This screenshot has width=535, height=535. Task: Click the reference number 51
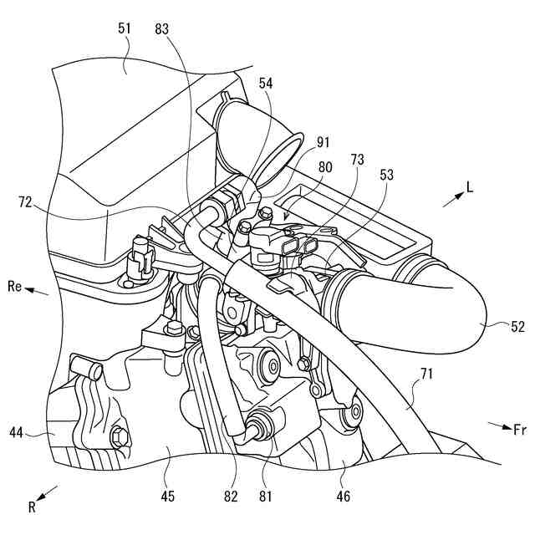pos(125,28)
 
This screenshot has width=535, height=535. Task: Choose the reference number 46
pos(344,497)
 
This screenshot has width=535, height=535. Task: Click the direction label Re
pos(14,287)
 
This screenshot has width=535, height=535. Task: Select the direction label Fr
pos(519,429)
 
